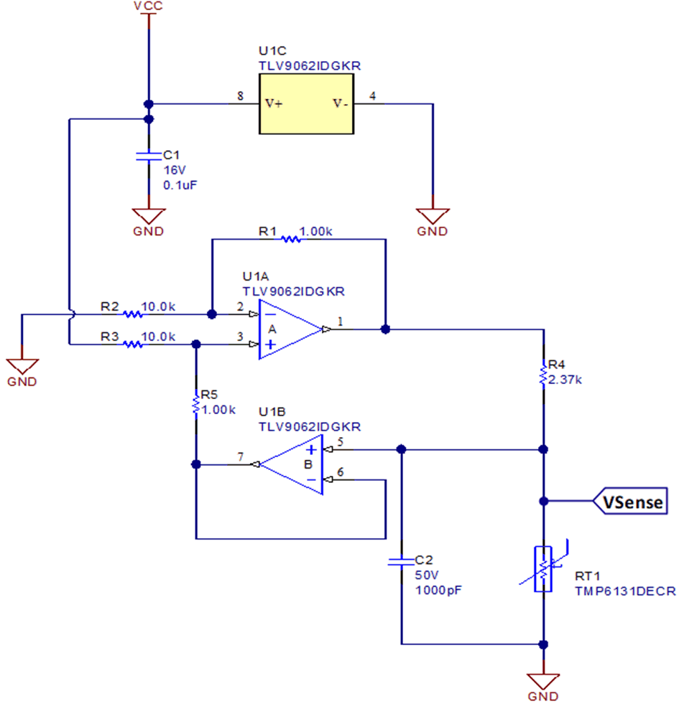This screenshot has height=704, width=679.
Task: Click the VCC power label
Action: pyautogui.click(x=148, y=6)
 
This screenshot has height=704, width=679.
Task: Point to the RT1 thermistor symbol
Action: pyautogui.click(x=544, y=569)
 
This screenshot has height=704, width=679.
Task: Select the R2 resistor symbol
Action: pyautogui.click(x=132, y=314)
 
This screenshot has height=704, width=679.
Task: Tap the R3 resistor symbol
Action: pyautogui.click(x=132, y=344)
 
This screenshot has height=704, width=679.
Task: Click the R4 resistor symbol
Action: pyautogui.click(x=544, y=375)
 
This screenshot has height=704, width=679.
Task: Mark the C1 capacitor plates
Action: pyautogui.click(x=148, y=155)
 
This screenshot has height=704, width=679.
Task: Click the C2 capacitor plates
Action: pyautogui.click(x=402, y=562)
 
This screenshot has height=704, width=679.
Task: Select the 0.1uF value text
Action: pyautogui.click(x=180, y=184)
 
